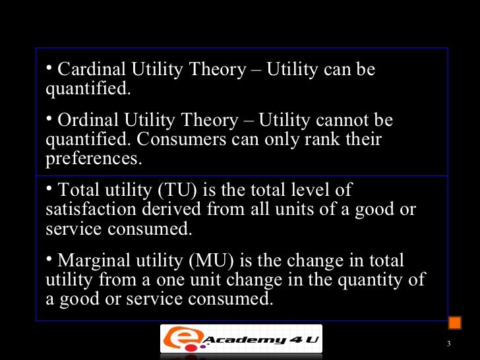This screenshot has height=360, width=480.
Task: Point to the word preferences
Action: (x=92, y=159)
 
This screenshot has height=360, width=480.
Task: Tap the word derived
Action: (x=165, y=210)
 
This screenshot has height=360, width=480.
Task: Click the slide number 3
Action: (x=448, y=345)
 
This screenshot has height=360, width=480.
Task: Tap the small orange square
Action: (x=454, y=322)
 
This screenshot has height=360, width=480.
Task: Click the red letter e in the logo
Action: (x=178, y=340)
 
